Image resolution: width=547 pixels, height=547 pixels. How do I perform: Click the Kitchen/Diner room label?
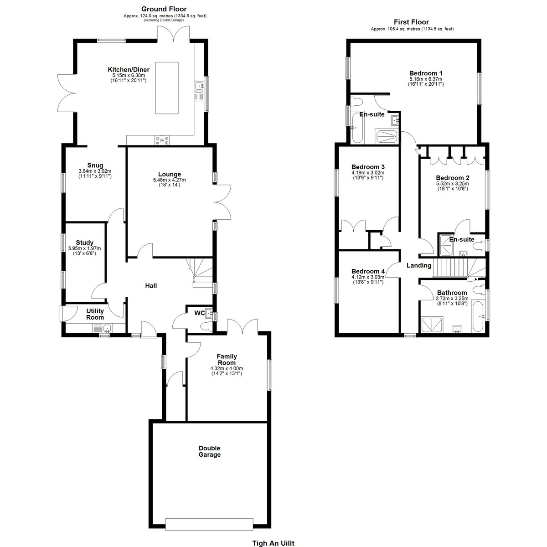129,70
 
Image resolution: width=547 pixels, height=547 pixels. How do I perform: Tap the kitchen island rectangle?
167,88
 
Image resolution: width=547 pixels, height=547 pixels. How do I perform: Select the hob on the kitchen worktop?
162,140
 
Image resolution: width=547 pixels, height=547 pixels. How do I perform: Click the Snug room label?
95,165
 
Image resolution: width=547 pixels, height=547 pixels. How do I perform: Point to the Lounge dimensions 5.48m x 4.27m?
170,180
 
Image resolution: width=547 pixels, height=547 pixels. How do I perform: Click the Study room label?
85,243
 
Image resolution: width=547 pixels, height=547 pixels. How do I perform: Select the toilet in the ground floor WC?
206,327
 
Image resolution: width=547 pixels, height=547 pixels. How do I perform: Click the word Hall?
151,285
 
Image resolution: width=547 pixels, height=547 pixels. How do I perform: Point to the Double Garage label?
210,451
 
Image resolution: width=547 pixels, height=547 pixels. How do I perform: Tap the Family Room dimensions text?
227,371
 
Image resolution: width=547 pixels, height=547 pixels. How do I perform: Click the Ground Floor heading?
164,9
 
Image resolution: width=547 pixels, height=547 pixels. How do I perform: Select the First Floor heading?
411,22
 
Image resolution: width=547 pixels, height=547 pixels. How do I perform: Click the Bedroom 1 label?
426,73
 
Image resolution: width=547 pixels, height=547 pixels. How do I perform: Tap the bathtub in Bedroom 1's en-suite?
357,128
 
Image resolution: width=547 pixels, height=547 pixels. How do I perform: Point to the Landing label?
419,265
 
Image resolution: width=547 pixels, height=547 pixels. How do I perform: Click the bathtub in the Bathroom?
477,316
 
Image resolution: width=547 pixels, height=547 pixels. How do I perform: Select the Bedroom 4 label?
368,271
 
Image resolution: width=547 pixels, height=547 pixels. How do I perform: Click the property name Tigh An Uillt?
273,543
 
